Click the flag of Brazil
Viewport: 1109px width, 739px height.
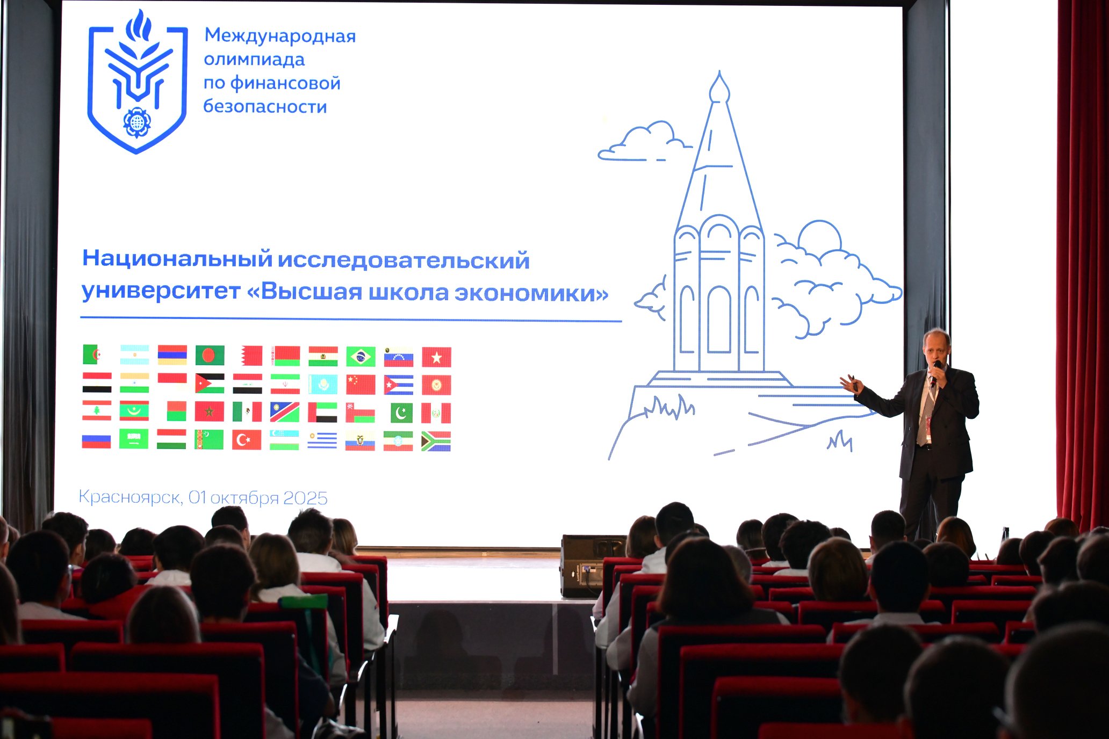[361, 357]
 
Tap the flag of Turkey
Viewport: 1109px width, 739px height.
[247, 440]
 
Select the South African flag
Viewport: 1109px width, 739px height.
[436, 441]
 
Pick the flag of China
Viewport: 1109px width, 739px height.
[361, 385]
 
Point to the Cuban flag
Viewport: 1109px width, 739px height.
[398, 385]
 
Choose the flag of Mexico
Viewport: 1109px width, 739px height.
[247, 412]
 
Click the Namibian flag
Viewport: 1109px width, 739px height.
[284, 412]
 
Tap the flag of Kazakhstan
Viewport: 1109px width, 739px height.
[322, 385]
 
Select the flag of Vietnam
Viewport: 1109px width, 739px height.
[436, 357]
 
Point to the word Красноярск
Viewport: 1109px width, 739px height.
[129, 497]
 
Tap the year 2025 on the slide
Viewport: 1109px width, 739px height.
[305, 498]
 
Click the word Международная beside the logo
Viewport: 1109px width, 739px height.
[280, 36]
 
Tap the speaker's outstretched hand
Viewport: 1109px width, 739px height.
[851, 383]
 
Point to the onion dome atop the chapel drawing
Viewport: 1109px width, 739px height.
[719, 89]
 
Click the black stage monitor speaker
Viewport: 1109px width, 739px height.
[593, 566]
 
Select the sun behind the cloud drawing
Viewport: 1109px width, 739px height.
[819, 236]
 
